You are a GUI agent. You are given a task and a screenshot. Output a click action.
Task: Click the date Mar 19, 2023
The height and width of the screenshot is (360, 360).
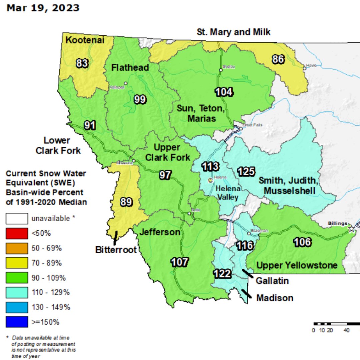[43, 8]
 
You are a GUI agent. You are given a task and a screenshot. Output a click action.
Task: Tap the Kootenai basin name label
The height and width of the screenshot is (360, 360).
[85, 40]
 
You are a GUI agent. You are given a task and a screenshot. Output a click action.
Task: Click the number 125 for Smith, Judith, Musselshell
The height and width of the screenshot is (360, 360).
[246, 172]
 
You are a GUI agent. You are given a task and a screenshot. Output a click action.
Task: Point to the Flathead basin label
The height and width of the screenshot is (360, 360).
[130, 68]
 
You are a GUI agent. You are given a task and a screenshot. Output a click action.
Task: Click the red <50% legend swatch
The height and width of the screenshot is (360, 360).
[17, 233]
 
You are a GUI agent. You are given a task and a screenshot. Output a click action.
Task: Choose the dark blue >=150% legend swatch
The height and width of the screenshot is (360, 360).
[17, 322]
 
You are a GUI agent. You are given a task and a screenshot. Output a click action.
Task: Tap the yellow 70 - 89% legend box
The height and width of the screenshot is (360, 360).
[17, 263]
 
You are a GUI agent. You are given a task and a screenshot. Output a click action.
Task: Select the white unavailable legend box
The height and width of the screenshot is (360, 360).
[17, 219]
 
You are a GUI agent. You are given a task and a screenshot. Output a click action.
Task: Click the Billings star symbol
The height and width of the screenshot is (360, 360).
[351, 229]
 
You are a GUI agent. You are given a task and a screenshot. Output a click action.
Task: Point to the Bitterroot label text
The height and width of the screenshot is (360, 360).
[116, 249]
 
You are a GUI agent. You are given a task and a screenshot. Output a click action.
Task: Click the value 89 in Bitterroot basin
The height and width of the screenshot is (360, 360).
[126, 202]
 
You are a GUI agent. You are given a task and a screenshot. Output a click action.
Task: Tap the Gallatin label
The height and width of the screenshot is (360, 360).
[272, 281]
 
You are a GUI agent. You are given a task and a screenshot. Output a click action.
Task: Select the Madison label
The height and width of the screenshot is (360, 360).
[275, 298]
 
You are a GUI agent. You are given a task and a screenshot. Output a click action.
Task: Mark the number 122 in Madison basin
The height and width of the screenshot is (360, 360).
[222, 274]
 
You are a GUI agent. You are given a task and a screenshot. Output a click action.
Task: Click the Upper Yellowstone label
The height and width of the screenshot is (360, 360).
[297, 265]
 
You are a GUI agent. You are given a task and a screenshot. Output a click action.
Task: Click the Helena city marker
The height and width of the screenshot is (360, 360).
[210, 180]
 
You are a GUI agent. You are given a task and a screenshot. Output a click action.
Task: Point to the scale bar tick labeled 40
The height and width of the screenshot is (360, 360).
[347, 330]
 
